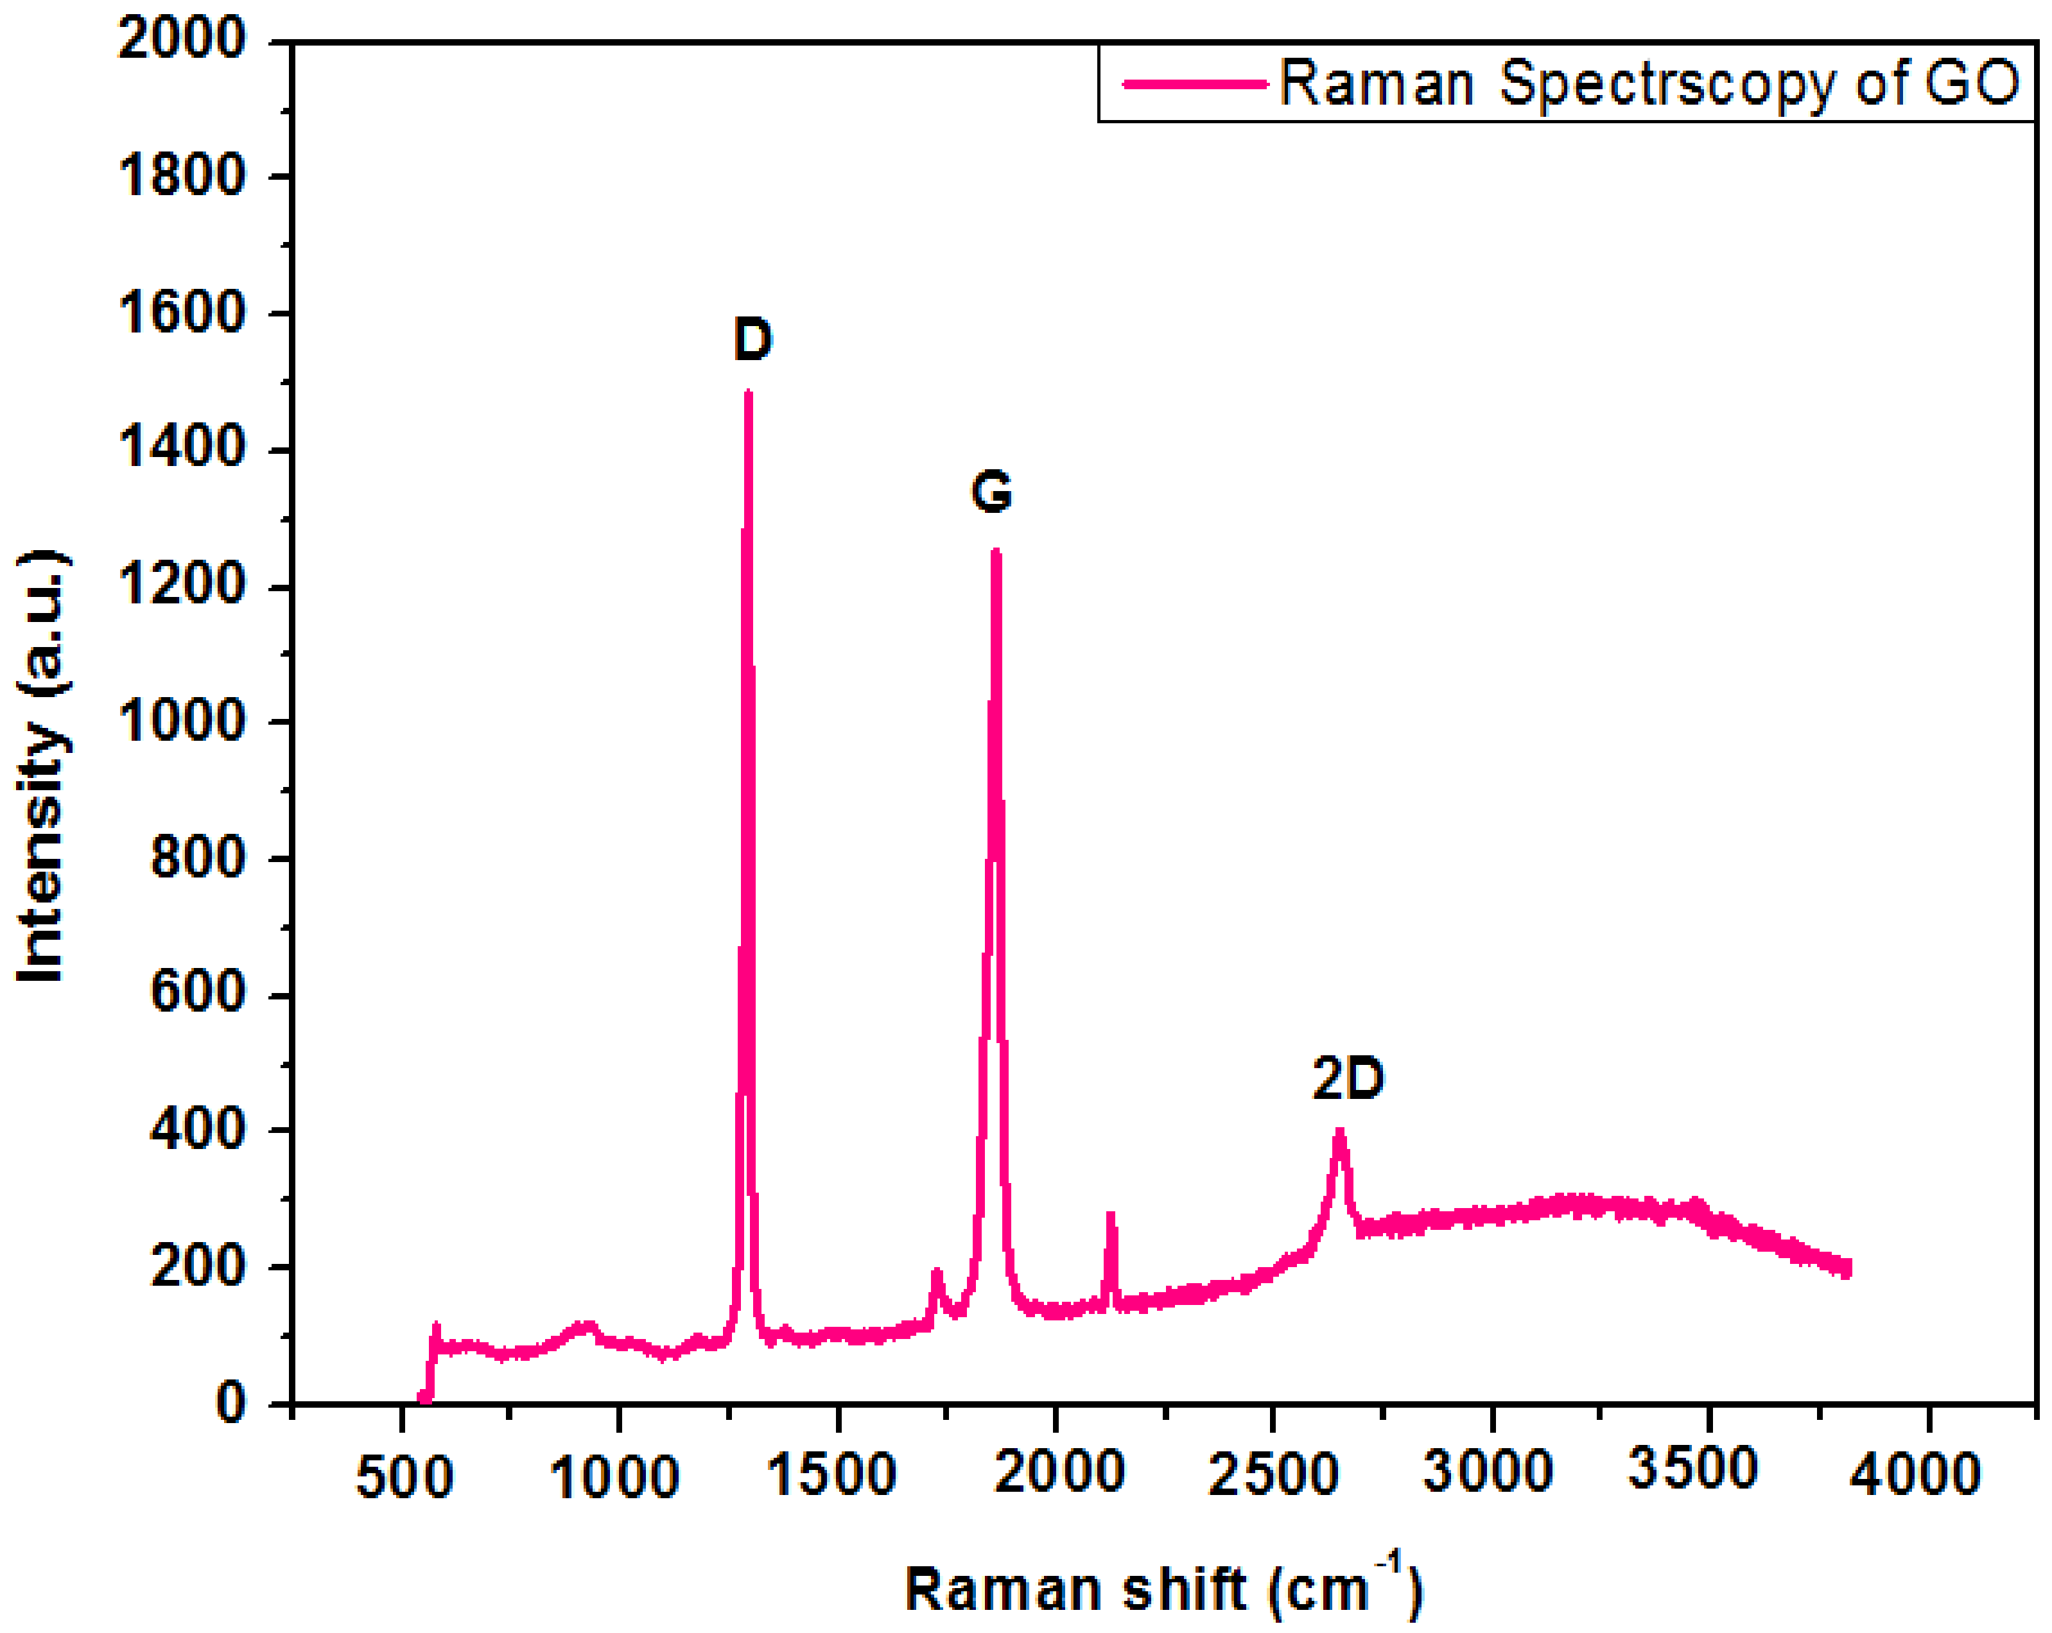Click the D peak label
click(752, 340)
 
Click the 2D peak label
click(1347, 1079)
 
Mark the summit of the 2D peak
click(1339, 1132)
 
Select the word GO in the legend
click(1971, 83)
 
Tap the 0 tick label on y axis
click(230, 1402)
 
